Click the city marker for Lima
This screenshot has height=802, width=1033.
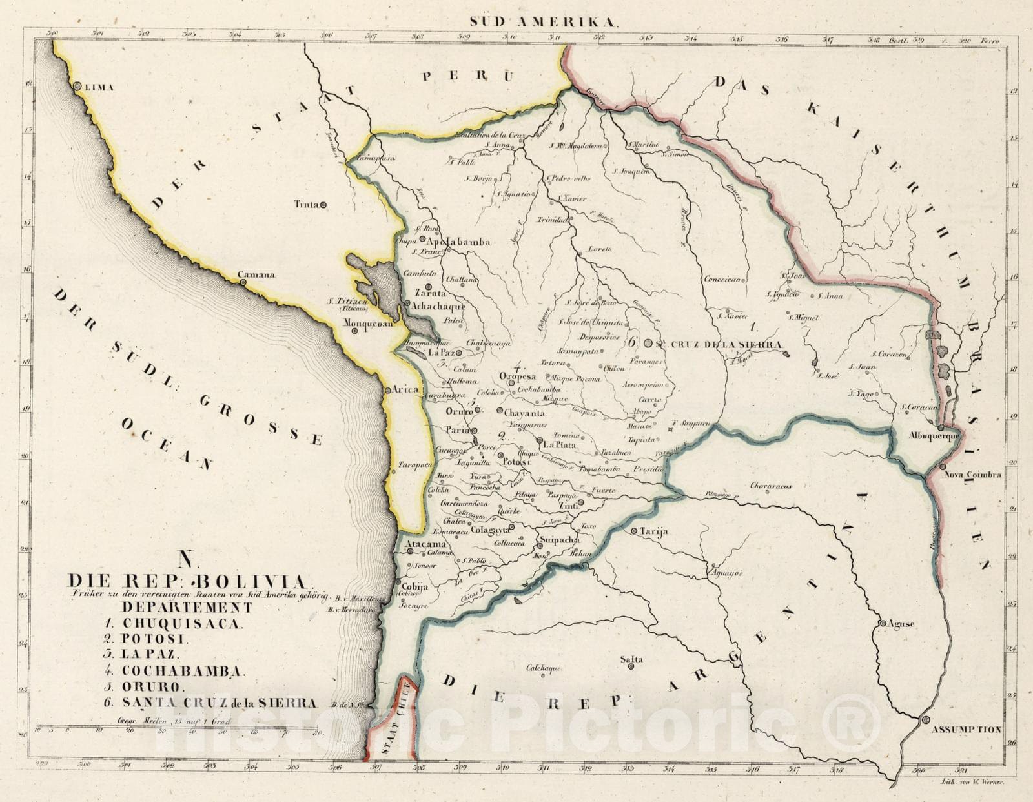pos(77,86)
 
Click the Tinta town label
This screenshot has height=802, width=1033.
pos(306,204)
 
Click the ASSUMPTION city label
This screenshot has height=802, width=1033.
pos(965,730)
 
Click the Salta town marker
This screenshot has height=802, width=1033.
pos(631,666)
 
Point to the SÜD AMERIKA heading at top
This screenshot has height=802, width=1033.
pos(543,21)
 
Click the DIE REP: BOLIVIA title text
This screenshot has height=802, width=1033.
pos(187,581)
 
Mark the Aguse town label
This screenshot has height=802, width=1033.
pos(901,624)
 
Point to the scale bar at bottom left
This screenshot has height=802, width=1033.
pos(181,730)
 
